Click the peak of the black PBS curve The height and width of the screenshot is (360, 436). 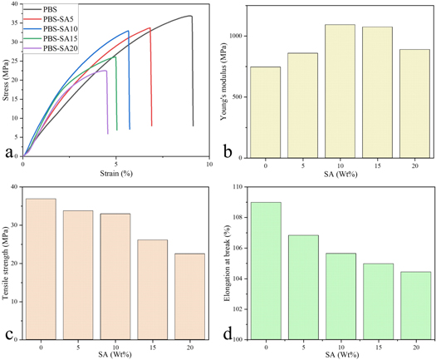point(190,16)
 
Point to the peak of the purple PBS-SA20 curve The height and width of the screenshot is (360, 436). point(105,71)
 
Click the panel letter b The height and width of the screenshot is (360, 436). point(228,152)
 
